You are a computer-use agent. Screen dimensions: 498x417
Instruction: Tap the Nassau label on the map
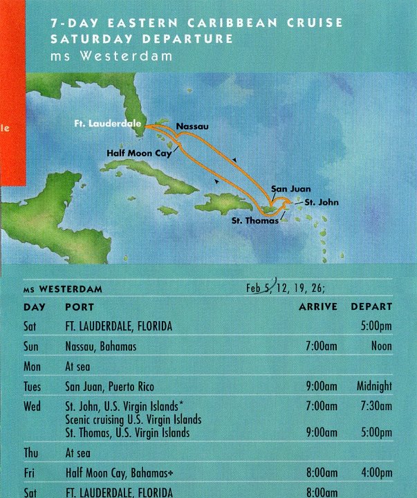tap(192, 127)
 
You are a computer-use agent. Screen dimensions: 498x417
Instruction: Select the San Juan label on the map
tap(290, 188)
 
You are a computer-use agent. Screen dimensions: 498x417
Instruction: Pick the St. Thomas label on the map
tap(256, 221)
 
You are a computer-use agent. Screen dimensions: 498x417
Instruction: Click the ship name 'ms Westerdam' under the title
tap(111, 56)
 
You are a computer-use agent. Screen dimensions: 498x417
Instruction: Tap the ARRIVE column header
tap(318, 306)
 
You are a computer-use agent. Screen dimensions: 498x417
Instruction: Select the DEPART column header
tap(371, 306)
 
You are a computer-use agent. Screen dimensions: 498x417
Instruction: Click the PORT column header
tap(79, 306)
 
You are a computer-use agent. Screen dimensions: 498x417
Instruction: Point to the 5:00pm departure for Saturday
tap(376, 326)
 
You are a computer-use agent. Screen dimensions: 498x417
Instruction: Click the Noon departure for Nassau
tap(381, 346)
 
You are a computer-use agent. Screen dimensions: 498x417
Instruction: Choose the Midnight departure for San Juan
tap(374, 386)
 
